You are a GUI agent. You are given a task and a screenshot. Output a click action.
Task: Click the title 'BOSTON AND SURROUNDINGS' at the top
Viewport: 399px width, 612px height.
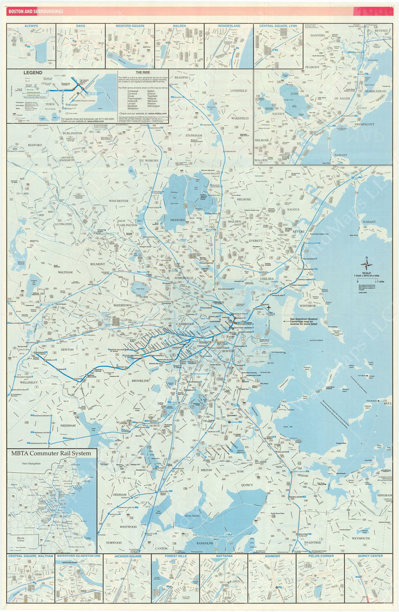pos(36,11)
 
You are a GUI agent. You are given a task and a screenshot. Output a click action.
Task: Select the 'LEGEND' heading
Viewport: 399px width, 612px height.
pos(33,73)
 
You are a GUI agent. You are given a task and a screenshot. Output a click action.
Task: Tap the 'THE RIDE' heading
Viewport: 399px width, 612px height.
pos(135,73)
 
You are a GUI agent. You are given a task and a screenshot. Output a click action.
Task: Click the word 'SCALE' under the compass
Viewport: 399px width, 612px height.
pos(366,273)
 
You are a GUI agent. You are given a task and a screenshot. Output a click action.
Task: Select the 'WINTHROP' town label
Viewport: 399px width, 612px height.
pos(308,306)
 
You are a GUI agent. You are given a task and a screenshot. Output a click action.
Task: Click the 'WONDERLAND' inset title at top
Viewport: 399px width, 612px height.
pos(229,26)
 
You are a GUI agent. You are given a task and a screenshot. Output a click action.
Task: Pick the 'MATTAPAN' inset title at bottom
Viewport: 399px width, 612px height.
pos(224,556)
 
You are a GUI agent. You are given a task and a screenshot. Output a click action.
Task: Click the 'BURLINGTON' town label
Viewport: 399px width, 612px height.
pos(72,133)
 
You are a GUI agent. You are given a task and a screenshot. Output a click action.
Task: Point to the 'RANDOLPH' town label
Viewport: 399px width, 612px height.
pos(205,543)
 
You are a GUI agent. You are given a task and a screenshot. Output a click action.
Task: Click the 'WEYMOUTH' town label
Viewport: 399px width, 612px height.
pos(360,539)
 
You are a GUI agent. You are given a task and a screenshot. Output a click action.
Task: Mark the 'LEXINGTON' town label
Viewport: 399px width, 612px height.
pos(63,224)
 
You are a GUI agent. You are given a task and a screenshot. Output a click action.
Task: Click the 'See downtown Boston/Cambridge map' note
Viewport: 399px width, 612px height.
pos(303,321)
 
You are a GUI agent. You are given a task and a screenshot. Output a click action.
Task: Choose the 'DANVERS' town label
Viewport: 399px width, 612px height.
pos(317,35)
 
